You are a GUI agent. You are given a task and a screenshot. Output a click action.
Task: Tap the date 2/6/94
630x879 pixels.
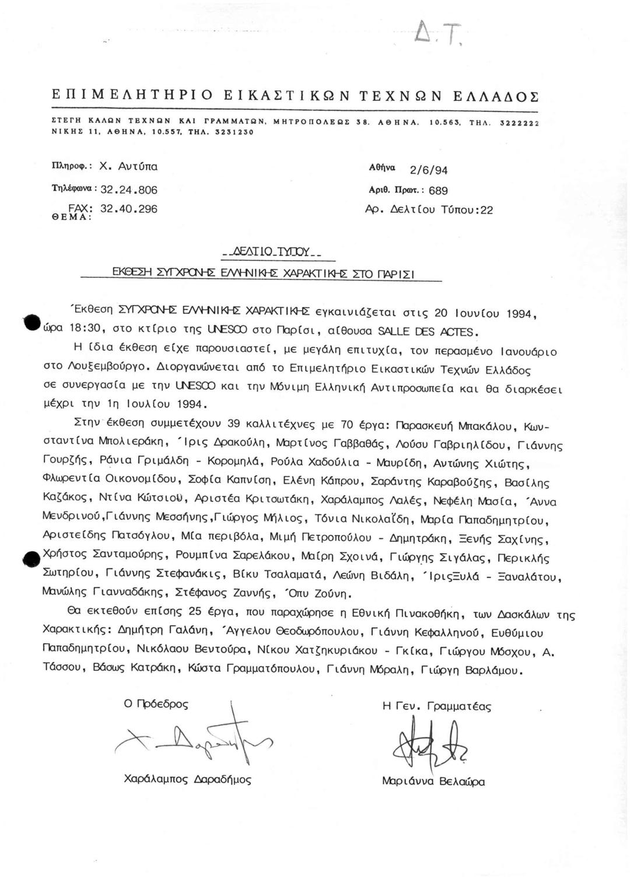coord(429,170)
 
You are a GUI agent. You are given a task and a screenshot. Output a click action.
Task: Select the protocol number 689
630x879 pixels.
coord(438,190)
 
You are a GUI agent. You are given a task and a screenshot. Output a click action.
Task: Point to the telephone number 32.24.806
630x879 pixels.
coord(129,190)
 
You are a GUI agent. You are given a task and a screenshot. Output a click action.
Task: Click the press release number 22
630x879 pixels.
coord(487,210)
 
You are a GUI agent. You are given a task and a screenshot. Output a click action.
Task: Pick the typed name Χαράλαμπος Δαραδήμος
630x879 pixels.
coord(188,779)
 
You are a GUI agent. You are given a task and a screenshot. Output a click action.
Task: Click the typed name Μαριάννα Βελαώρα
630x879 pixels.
coord(433,782)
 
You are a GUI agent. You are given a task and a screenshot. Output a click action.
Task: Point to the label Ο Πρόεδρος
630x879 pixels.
coord(156,704)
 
